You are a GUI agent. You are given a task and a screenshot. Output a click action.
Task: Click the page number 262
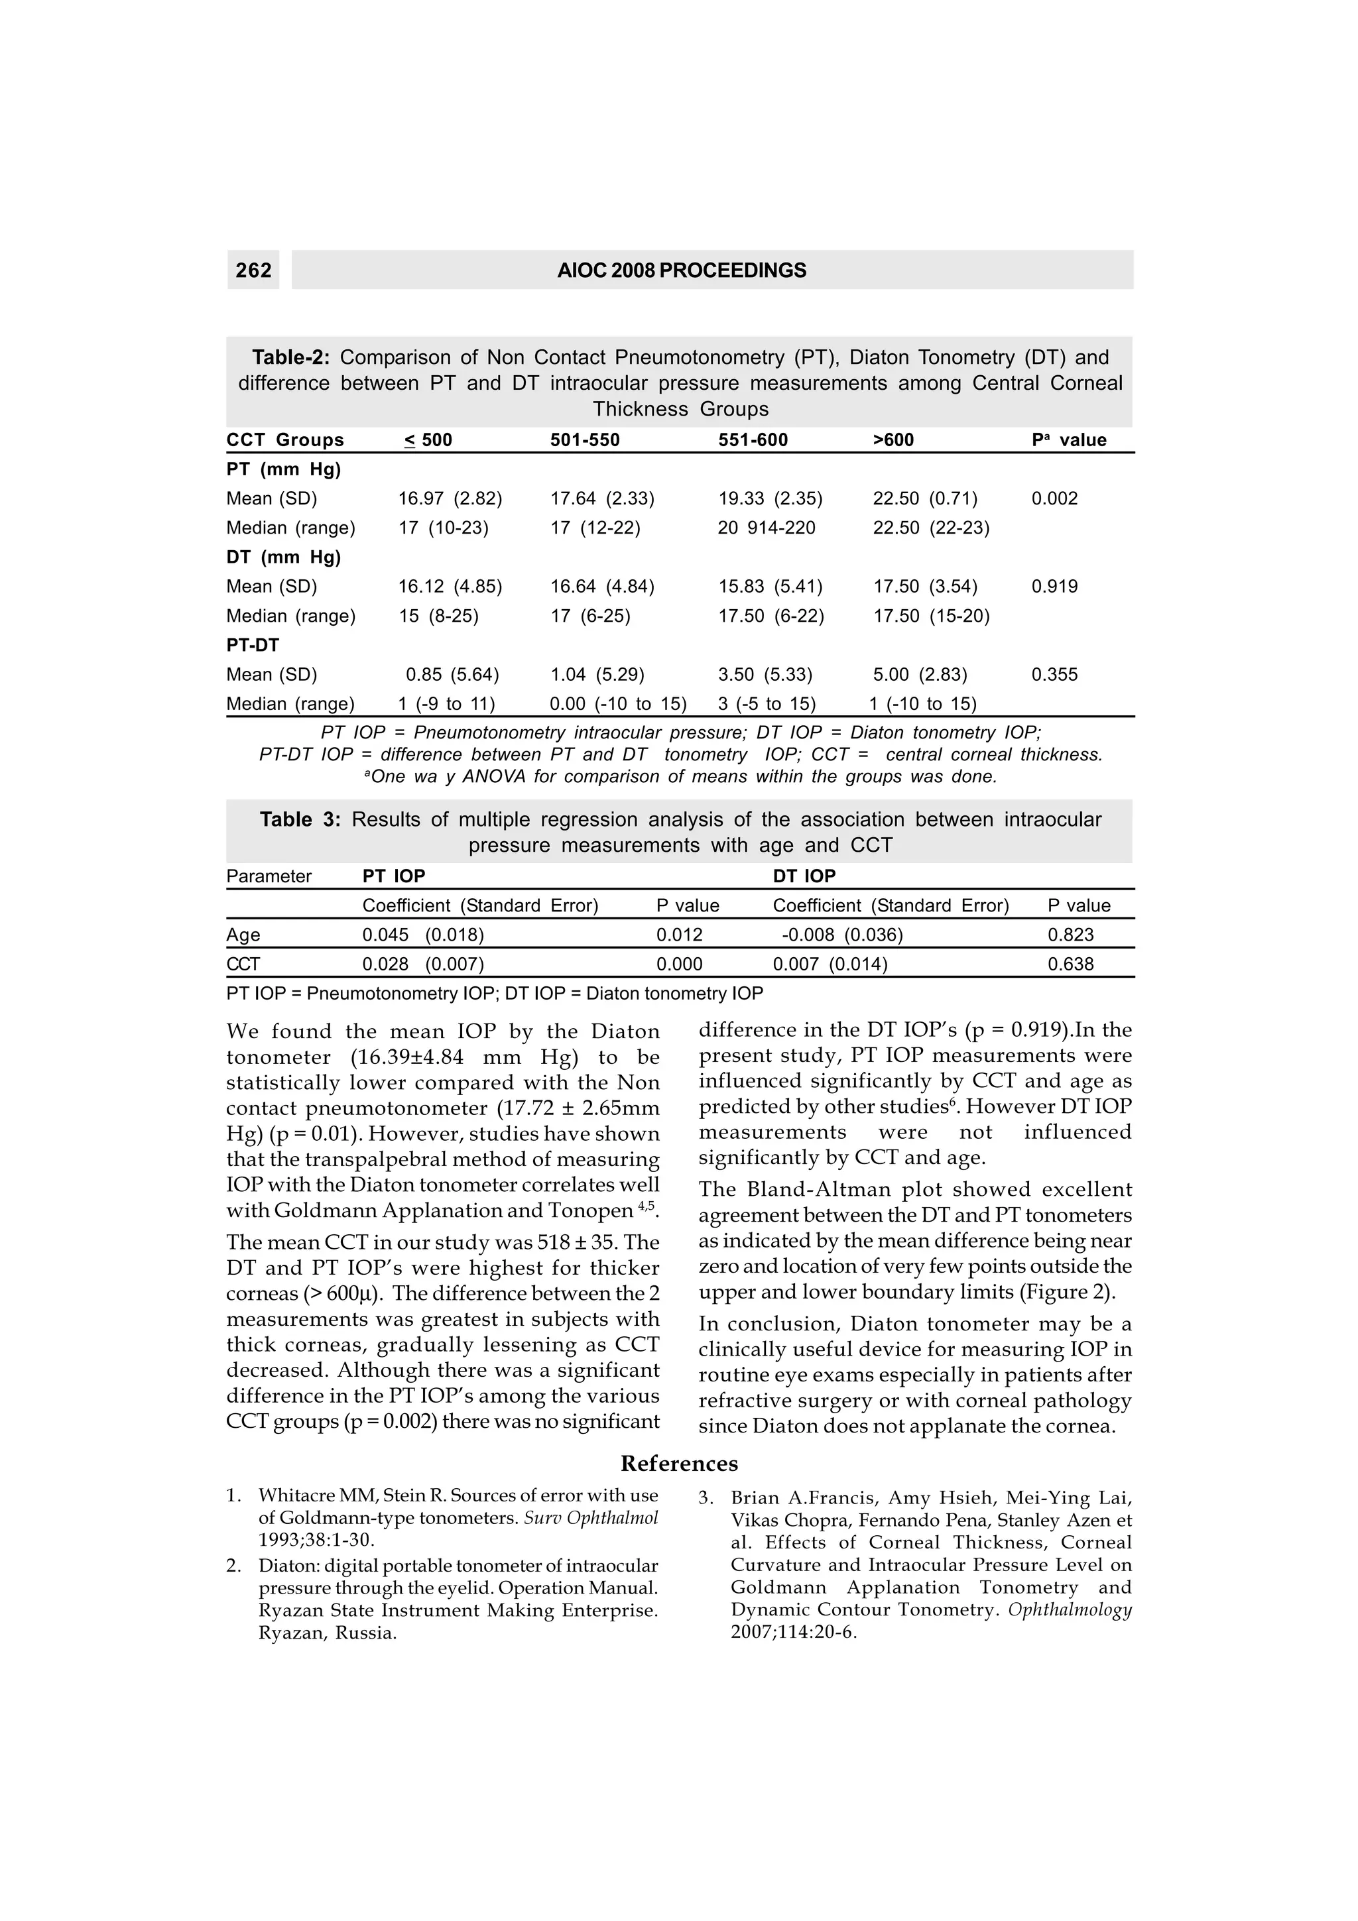(x=253, y=270)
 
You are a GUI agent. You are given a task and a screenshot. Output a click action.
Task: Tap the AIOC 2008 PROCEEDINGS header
(x=681, y=270)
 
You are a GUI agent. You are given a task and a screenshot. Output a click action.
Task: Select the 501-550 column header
(x=585, y=440)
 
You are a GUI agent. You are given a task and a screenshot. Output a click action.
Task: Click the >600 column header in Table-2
(x=894, y=440)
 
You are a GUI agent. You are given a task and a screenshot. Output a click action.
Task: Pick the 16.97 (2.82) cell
(x=450, y=498)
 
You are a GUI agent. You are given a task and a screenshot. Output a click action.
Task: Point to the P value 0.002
(x=1054, y=498)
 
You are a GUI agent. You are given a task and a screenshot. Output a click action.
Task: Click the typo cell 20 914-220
(x=767, y=528)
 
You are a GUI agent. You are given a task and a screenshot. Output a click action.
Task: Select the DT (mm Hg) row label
(x=284, y=557)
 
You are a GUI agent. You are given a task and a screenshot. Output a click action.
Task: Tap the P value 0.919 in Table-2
(x=1054, y=587)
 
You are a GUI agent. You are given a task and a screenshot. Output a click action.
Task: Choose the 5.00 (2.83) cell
(x=920, y=674)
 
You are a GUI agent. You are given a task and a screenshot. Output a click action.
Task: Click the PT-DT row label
(x=253, y=645)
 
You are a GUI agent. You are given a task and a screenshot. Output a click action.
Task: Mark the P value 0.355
(x=1054, y=674)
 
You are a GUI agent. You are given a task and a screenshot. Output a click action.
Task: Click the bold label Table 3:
(x=300, y=819)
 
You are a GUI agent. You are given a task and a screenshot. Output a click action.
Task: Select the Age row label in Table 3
(x=243, y=935)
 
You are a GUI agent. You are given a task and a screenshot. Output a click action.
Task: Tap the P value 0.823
(x=1071, y=935)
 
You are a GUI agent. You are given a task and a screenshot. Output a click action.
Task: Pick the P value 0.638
(x=1071, y=964)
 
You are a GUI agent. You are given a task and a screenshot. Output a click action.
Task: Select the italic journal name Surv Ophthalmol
(x=591, y=1518)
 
